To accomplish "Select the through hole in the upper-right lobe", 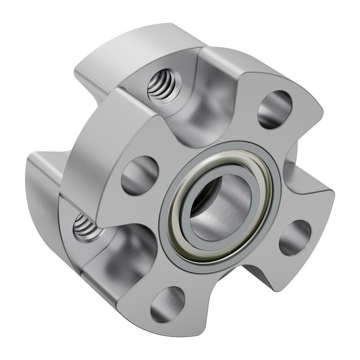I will [x=275, y=109].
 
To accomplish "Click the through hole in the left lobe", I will [x=140, y=175].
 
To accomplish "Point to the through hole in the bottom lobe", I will [x=168, y=304].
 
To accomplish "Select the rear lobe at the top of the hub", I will [x=137, y=46].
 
